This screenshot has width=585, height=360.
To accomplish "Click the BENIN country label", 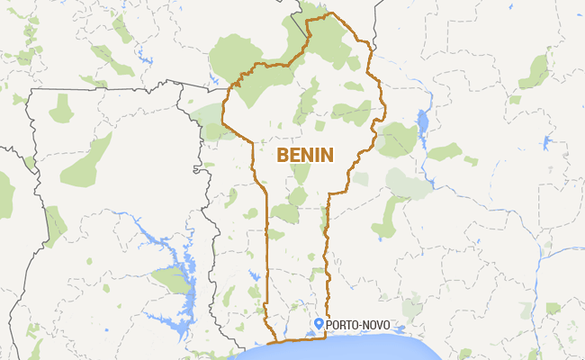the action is [x=305, y=155].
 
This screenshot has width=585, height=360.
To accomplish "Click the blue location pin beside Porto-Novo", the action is [x=318, y=323].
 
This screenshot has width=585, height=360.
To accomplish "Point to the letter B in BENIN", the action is [x=282, y=155].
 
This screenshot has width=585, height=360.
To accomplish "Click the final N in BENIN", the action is [x=328, y=155].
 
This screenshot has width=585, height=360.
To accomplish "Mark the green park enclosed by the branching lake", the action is [x=171, y=280].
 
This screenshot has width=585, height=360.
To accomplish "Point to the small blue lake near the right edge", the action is [x=546, y=142].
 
